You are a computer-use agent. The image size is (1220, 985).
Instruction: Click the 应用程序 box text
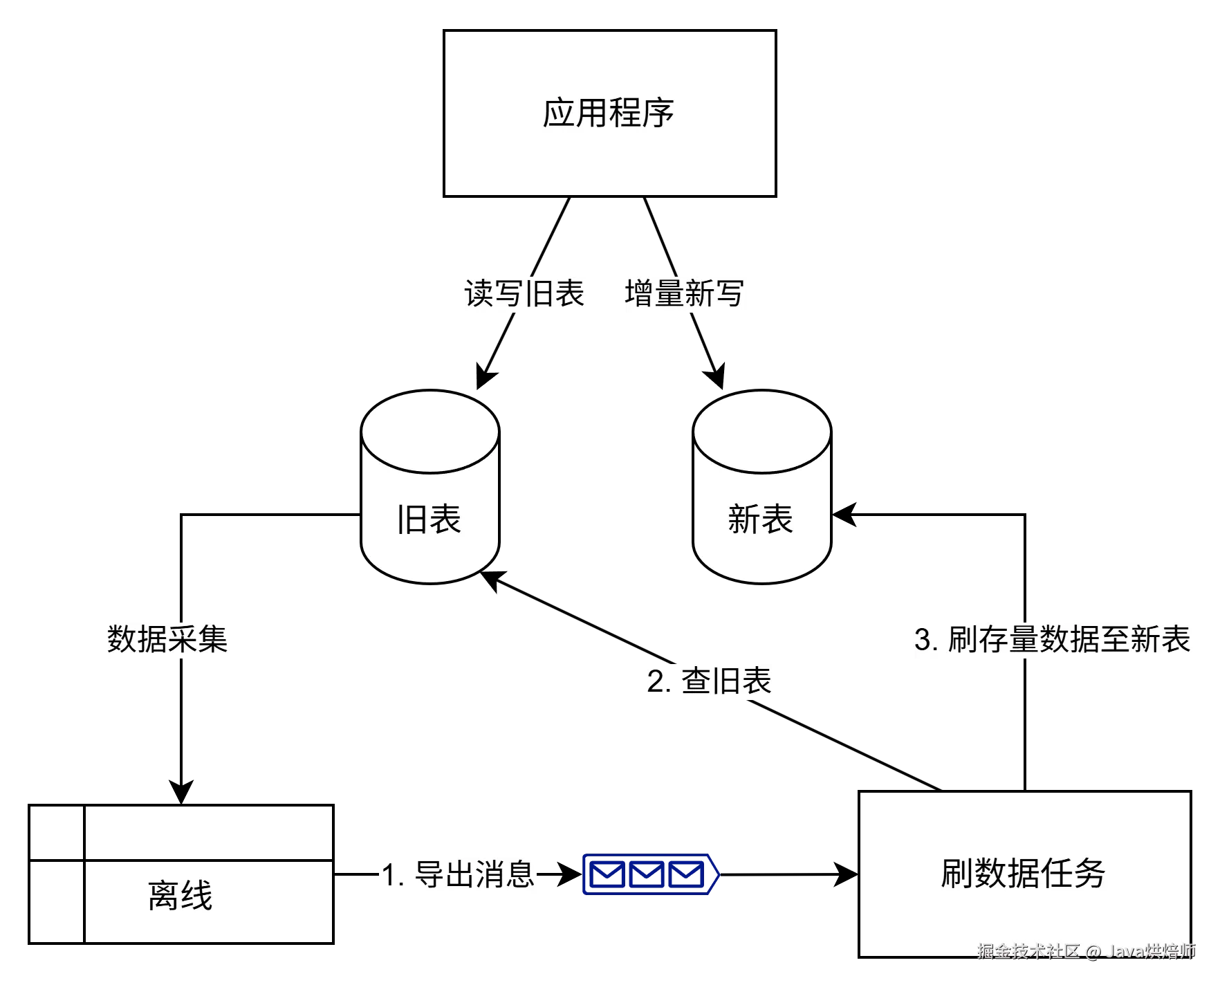pyautogui.click(x=608, y=113)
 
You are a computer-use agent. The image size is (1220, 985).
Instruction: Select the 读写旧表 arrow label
pyautogui.click(x=525, y=295)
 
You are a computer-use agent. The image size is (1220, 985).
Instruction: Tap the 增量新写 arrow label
pyautogui.click(x=685, y=295)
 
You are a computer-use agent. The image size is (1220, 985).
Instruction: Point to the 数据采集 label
pyautogui.click(x=168, y=638)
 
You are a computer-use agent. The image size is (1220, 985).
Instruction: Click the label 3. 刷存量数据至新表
pyautogui.click(x=1053, y=639)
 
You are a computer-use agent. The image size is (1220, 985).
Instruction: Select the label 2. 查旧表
pyautogui.click(x=710, y=682)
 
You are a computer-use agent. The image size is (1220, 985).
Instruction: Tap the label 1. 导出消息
pyautogui.click(x=457, y=875)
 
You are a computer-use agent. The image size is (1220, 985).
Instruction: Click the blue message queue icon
pyautogui.click(x=650, y=875)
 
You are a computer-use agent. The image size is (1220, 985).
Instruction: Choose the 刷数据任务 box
pyautogui.click(x=1024, y=874)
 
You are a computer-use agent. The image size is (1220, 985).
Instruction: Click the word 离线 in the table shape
pyautogui.click(x=181, y=896)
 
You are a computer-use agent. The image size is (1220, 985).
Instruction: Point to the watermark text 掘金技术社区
pyautogui.click(x=1028, y=951)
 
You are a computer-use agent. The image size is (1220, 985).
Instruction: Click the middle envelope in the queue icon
pyautogui.click(x=647, y=875)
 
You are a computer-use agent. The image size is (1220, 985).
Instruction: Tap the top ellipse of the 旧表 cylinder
pyautogui.click(x=429, y=432)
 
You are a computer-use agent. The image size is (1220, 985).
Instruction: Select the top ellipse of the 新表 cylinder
pyautogui.click(x=761, y=432)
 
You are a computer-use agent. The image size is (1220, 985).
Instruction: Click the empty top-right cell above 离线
pyautogui.click(x=207, y=833)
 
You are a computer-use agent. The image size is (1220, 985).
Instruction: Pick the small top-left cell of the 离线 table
pyautogui.click(x=57, y=833)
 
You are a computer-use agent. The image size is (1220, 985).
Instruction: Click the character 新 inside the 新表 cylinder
pyautogui.click(x=744, y=519)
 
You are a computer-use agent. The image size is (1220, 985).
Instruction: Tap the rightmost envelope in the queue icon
pyautogui.click(x=686, y=875)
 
